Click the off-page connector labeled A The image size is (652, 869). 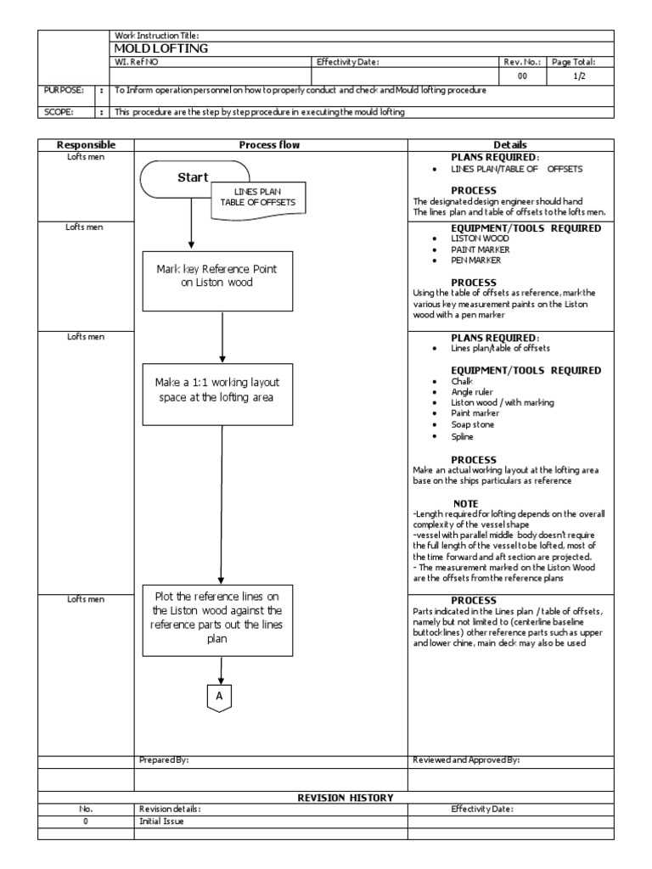tap(220, 696)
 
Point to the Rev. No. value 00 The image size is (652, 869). tap(522, 76)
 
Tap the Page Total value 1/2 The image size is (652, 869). tap(579, 76)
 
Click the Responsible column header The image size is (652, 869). tap(85, 145)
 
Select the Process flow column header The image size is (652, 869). tap(270, 145)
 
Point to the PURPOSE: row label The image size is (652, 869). tap(59, 90)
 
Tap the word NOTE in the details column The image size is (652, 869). tap(466, 503)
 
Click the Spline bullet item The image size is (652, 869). tap(462, 436)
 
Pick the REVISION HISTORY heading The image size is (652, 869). tap(345, 798)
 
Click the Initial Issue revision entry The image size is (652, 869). tap(160, 821)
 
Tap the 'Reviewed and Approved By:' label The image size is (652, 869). tap(465, 760)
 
